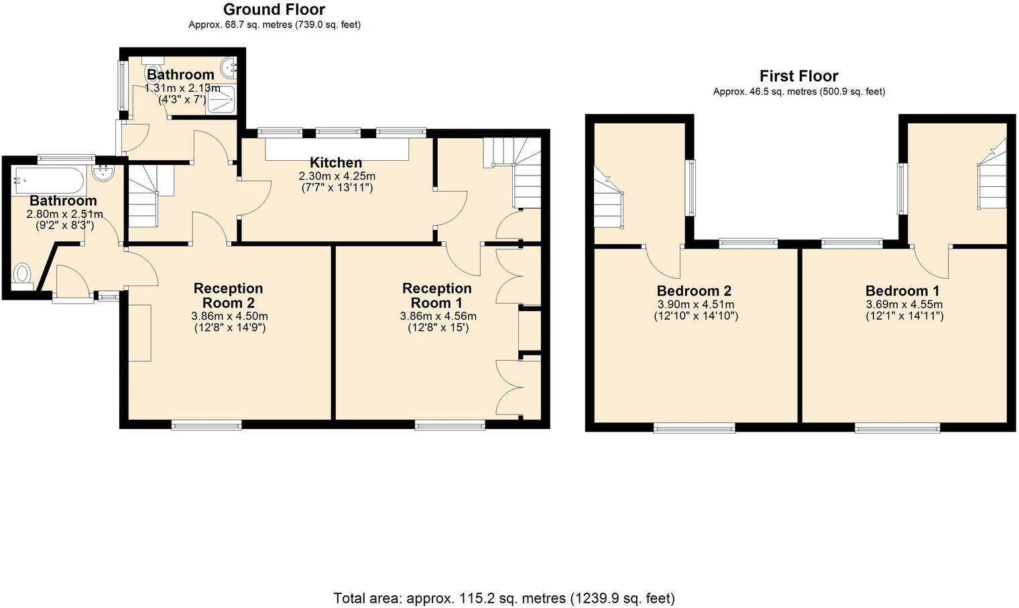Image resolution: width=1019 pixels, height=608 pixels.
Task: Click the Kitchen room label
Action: click(336, 162)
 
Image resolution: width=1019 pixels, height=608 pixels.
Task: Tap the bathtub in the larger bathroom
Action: click(48, 180)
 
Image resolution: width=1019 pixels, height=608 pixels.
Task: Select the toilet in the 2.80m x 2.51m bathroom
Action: click(23, 275)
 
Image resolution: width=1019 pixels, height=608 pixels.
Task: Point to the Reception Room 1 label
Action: click(437, 295)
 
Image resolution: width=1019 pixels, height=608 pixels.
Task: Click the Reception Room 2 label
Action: click(228, 295)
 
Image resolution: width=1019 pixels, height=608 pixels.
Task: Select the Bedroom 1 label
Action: click(902, 291)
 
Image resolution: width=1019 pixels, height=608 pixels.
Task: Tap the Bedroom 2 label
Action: click(694, 291)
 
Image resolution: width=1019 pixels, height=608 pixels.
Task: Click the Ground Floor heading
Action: click(274, 9)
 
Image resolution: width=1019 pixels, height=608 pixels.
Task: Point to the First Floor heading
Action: click(798, 76)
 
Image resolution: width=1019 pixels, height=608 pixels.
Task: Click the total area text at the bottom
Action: click(504, 598)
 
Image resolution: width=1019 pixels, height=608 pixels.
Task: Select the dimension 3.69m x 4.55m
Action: click(904, 304)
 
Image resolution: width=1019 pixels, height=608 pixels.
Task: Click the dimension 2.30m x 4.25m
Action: click(337, 176)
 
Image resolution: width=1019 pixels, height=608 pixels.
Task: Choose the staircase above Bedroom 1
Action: click(992, 178)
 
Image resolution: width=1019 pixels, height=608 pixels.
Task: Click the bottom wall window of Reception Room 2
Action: click(206, 424)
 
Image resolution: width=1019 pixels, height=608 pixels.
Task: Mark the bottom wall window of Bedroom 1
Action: click(898, 428)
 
